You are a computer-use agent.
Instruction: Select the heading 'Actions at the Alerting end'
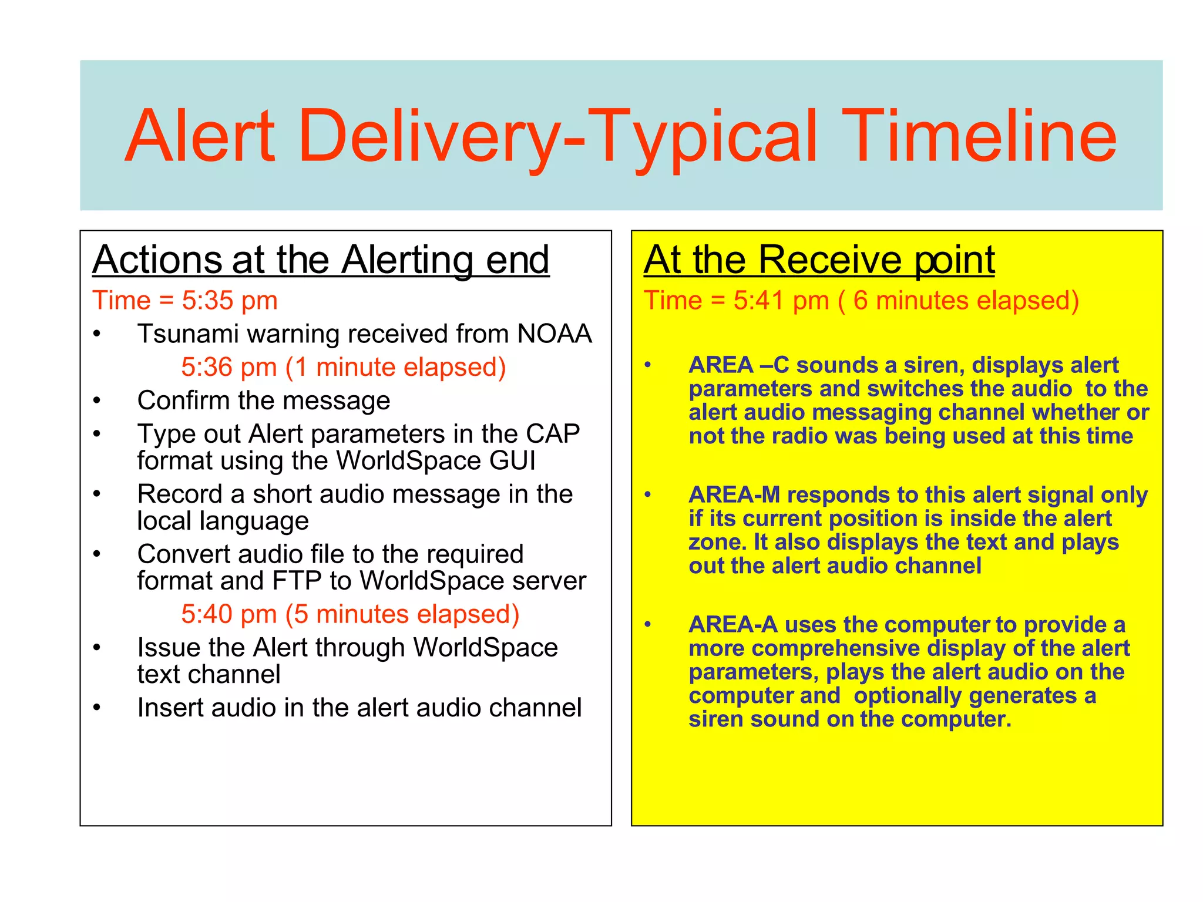click(321, 260)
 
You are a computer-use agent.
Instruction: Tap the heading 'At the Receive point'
click(819, 260)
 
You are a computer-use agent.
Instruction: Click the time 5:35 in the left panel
click(207, 301)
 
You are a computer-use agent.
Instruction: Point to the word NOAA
click(554, 334)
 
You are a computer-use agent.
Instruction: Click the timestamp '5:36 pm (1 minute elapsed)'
click(343, 368)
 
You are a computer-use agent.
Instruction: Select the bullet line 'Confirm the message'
click(263, 401)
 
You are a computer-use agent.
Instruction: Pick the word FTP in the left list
click(297, 581)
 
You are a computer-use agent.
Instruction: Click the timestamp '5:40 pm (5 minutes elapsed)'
click(350, 615)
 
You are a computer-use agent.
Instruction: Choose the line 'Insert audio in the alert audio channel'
click(359, 708)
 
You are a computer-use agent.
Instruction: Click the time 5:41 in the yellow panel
click(759, 301)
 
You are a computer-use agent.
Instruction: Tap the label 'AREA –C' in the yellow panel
click(738, 365)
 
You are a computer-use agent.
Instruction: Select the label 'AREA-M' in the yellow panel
click(734, 495)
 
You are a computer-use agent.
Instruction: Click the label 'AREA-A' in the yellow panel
click(732, 625)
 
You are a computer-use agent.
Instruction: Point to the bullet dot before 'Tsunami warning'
click(97, 334)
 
